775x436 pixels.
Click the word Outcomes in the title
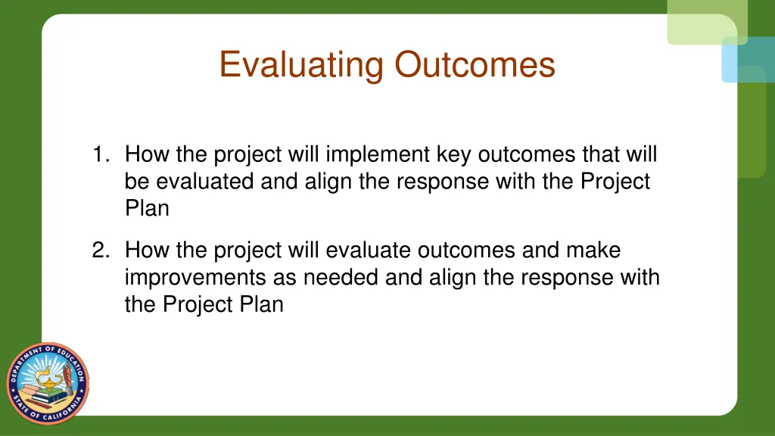[x=475, y=64]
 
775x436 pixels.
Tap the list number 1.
[x=100, y=154]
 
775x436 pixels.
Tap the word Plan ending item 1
[x=147, y=208]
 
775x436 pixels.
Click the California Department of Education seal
[x=48, y=382]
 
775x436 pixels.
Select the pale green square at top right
[x=706, y=21]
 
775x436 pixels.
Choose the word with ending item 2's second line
[x=640, y=277]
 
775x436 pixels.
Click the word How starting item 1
[x=147, y=154]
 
